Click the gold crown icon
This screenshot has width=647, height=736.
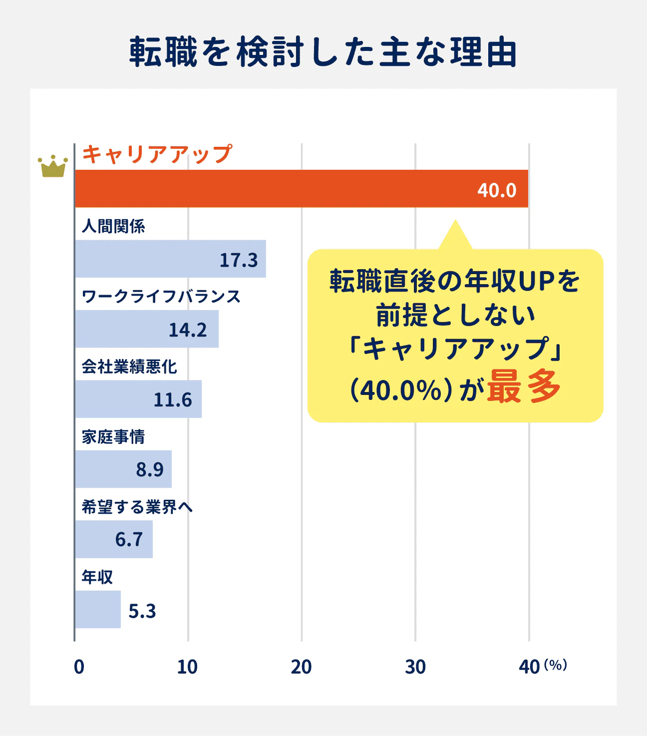52,166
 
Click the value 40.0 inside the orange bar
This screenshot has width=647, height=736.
496,190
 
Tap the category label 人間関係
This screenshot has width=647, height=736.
113,226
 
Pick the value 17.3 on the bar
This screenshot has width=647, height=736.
239,260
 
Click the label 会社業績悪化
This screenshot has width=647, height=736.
129,367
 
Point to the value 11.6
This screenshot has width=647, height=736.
172,399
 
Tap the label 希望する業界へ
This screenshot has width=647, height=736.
137,507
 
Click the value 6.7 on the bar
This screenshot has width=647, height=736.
129,539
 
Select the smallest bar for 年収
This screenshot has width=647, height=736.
98,610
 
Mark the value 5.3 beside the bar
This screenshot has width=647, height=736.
142,611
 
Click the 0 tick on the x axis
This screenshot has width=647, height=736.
79,667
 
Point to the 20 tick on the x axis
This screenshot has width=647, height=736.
301,667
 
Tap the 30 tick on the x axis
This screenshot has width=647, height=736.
415,667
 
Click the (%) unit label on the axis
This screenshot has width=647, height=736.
555,665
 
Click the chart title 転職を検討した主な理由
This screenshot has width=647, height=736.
323,52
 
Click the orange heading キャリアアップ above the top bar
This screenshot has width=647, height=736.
157,154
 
